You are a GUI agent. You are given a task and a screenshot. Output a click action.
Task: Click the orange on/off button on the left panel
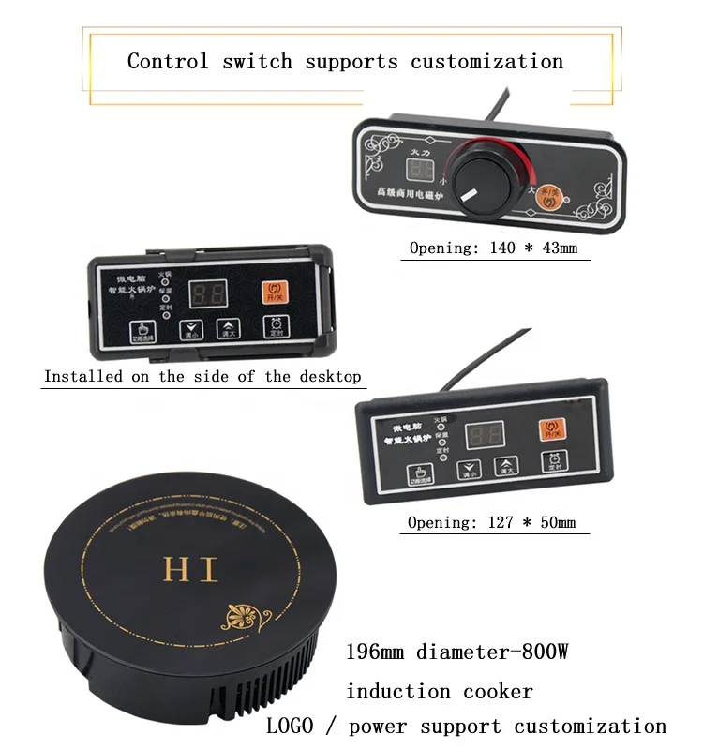(275, 290)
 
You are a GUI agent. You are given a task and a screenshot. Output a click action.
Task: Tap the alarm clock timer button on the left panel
(276, 327)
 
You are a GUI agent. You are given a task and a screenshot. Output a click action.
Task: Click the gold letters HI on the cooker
(190, 569)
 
